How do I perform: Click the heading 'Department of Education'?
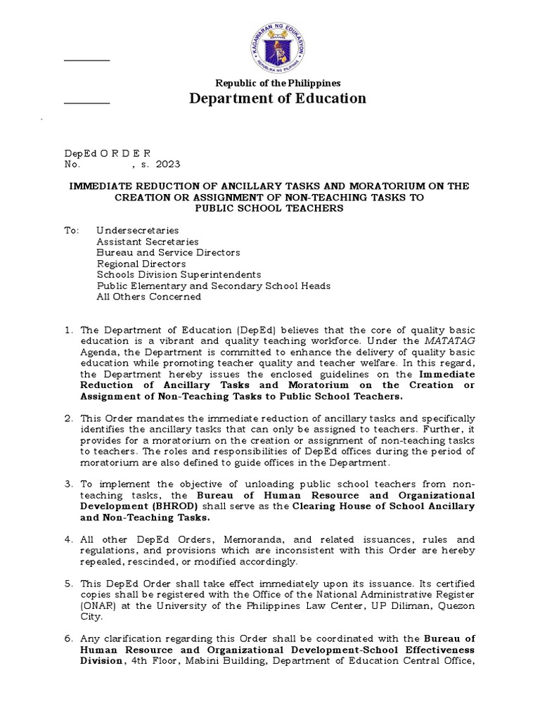coord(278,98)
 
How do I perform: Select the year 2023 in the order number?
coord(168,164)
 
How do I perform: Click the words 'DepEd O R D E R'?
coord(107,153)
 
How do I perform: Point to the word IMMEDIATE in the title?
coord(100,186)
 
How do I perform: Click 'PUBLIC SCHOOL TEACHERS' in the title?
coord(269,208)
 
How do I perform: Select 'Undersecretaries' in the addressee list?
coord(137,231)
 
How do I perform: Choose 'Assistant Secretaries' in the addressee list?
coord(147,241)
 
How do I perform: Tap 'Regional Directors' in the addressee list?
coord(141,264)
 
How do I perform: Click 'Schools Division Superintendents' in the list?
coord(179,274)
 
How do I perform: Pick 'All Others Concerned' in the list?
coord(148,297)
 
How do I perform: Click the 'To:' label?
coord(71,231)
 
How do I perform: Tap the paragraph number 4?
coord(68,540)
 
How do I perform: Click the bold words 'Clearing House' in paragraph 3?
coord(330,506)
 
